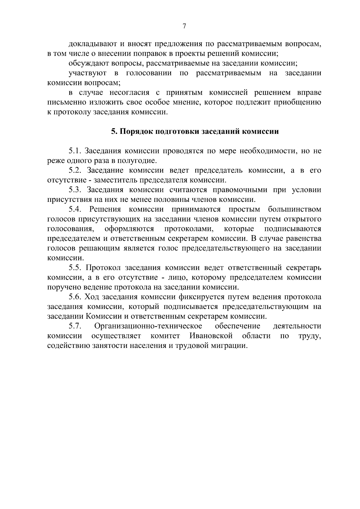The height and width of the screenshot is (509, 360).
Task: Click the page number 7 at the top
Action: click(184, 26)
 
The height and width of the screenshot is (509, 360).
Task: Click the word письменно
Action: click(66, 103)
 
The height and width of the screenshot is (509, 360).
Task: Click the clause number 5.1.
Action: click(76, 151)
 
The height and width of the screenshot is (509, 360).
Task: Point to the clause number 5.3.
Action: click(76, 190)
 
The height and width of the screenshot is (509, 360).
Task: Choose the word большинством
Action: click(295, 209)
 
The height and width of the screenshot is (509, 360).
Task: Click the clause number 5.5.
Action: click(76, 268)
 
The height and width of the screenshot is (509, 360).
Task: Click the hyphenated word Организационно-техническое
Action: click(148, 326)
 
